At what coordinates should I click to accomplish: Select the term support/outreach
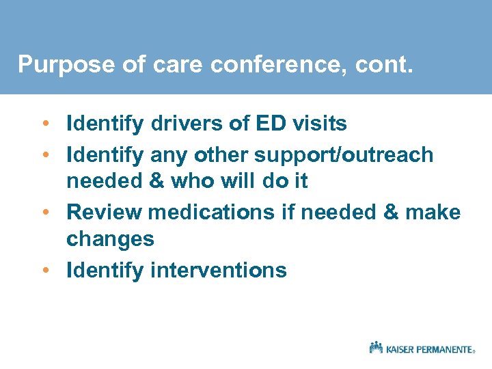point(344,155)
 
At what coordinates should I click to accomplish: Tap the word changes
point(110,238)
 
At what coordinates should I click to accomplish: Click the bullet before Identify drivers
point(44,124)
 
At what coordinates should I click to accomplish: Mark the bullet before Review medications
point(44,213)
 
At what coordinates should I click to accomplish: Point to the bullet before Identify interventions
point(44,271)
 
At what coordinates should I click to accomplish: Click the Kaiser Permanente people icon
point(376,347)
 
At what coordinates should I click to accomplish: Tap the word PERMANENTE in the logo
point(446,349)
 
